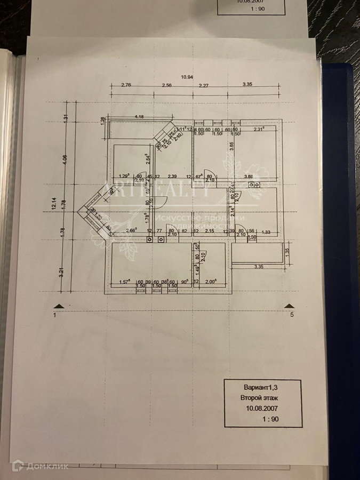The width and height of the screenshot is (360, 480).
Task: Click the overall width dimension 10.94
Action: coord(187,78)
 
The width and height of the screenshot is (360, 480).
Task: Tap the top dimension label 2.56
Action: coord(166,85)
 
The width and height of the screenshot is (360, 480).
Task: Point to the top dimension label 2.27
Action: coord(204,85)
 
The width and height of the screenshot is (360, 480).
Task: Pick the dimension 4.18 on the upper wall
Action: coord(140,116)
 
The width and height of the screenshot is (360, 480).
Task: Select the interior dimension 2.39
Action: coord(172,177)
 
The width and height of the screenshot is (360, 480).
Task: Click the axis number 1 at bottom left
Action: coord(55,315)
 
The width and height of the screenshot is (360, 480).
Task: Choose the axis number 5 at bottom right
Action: coord(292,315)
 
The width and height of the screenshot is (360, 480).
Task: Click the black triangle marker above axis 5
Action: coord(289,306)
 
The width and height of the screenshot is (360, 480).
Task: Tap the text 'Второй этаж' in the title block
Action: coord(259,398)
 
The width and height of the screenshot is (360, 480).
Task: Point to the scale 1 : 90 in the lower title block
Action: coord(270,419)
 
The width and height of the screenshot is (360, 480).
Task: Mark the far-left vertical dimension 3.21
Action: coord(62,272)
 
